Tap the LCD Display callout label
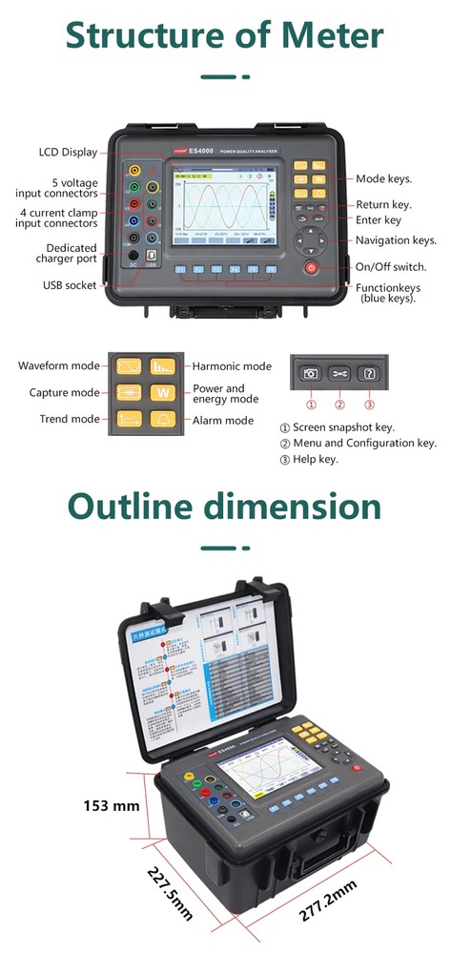click(x=68, y=152)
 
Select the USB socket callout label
click(x=70, y=284)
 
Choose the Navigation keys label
click(x=396, y=240)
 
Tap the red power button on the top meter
click(x=311, y=268)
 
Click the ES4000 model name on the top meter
click(x=202, y=151)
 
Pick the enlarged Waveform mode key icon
click(x=129, y=367)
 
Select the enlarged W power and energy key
click(x=163, y=393)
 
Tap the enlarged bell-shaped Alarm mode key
click(x=163, y=419)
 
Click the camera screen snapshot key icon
click(x=310, y=374)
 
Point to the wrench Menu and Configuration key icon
click(x=339, y=374)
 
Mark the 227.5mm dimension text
click(x=170, y=893)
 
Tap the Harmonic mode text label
click(x=232, y=366)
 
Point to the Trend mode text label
click(x=69, y=419)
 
